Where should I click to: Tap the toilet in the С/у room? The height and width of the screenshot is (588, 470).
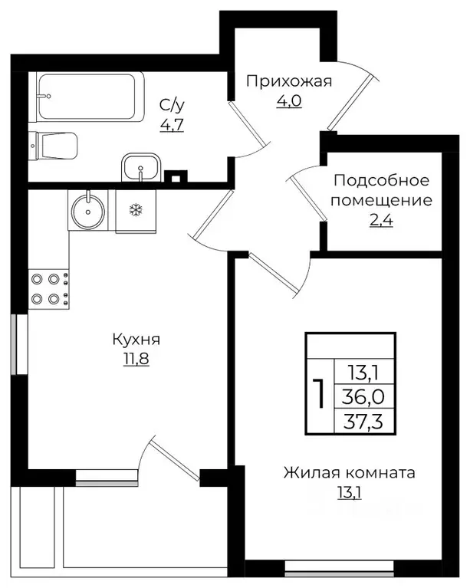(54, 146)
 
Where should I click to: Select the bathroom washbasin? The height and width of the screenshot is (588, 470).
(140, 166)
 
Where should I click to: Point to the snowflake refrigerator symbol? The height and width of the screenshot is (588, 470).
(134, 210)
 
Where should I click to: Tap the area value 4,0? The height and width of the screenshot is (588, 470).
(289, 101)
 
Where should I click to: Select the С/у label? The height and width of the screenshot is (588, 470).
(169, 105)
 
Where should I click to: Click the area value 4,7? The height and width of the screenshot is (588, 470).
(169, 123)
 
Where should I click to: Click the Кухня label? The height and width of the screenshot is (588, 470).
(136, 340)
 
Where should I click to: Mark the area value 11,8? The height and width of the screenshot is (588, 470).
(136, 359)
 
